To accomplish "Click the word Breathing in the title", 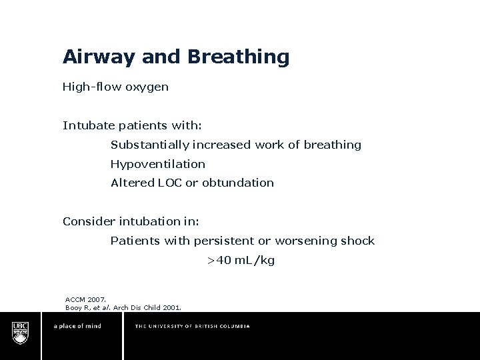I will click(239, 57).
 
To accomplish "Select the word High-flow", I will click(90, 86).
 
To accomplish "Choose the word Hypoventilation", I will click(158, 164).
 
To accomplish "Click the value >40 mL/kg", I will click(240, 260).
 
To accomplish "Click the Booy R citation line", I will click(123, 307).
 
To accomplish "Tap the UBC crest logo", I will click(21, 331).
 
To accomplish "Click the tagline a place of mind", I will click(77, 327).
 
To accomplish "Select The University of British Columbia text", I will click(193, 327).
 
